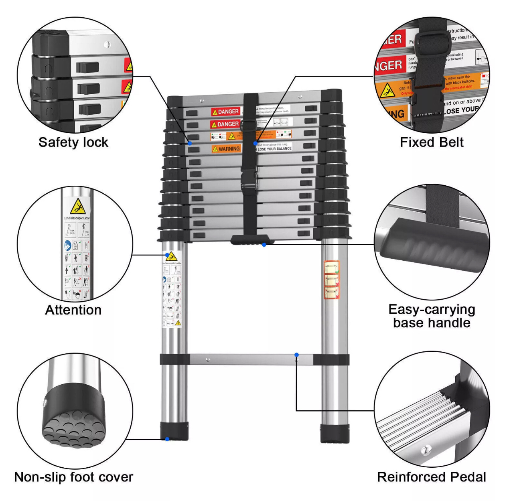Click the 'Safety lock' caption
(73, 142)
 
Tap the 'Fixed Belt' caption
(432, 142)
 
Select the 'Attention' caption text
(73, 310)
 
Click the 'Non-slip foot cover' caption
(73, 477)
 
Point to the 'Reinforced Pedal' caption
(432, 477)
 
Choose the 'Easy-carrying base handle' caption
(432, 316)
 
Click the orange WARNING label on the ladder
(227, 149)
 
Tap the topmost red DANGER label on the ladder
(225, 112)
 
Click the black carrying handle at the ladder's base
(252, 240)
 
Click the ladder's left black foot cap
(174, 431)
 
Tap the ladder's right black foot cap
(335, 433)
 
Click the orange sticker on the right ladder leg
(332, 280)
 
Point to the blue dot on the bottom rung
(296, 355)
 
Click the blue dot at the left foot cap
(167, 439)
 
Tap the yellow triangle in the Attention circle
(77, 207)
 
